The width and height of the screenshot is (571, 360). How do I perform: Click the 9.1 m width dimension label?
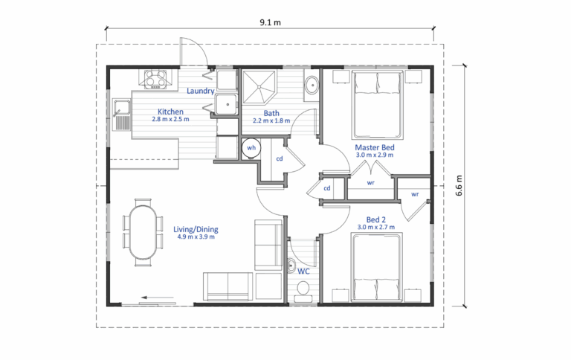pos(270,22)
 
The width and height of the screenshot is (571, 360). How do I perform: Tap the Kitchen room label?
pos(170,111)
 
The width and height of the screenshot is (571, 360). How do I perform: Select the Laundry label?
pos(201,91)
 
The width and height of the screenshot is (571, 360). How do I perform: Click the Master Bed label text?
pos(375,148)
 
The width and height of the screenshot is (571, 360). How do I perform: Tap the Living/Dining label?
pos(194,229)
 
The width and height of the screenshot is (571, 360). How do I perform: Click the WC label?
pos(303,272)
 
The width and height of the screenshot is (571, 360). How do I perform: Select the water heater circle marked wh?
pos(251,147)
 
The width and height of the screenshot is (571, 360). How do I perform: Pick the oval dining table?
pos(144,231)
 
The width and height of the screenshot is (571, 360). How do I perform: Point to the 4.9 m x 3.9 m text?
pos(194,238)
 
